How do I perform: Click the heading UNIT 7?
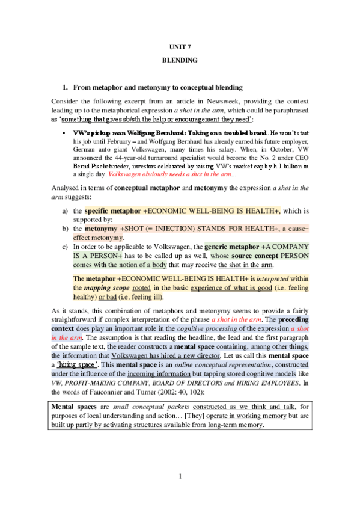(179, 46)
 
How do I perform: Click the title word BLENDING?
(179, 61)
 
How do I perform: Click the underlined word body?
(159, 265)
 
